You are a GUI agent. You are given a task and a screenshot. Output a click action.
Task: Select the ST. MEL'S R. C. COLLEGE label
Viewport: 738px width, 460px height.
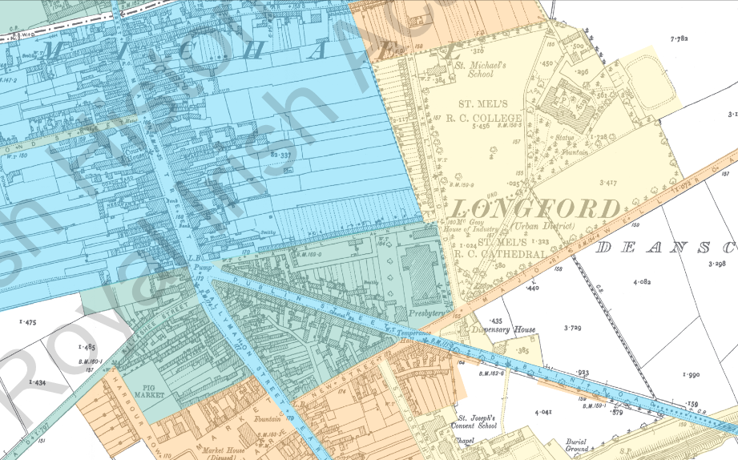point(490,111)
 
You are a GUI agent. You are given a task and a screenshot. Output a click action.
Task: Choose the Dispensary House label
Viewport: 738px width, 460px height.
point(502,329)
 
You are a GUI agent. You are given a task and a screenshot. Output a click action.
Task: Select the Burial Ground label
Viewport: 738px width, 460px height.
point(575,446)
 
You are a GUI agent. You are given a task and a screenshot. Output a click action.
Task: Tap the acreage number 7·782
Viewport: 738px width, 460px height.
point(680,38)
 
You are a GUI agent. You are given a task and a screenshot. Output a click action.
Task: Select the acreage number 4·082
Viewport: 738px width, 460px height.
point(642,282)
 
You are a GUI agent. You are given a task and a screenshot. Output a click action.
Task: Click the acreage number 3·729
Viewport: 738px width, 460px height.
point(572,327)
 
